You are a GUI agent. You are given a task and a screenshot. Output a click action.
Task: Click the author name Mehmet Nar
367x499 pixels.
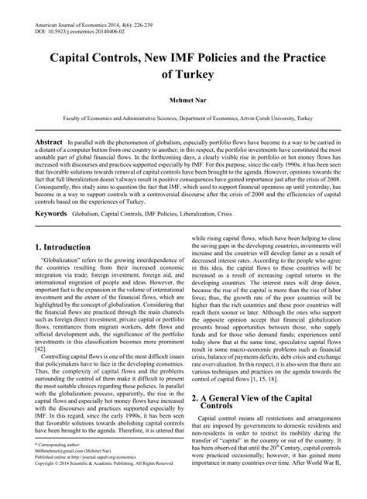183,100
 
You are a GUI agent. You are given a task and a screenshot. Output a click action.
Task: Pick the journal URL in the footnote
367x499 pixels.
101,469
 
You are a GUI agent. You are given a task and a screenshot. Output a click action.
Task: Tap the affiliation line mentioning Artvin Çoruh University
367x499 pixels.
183,119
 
